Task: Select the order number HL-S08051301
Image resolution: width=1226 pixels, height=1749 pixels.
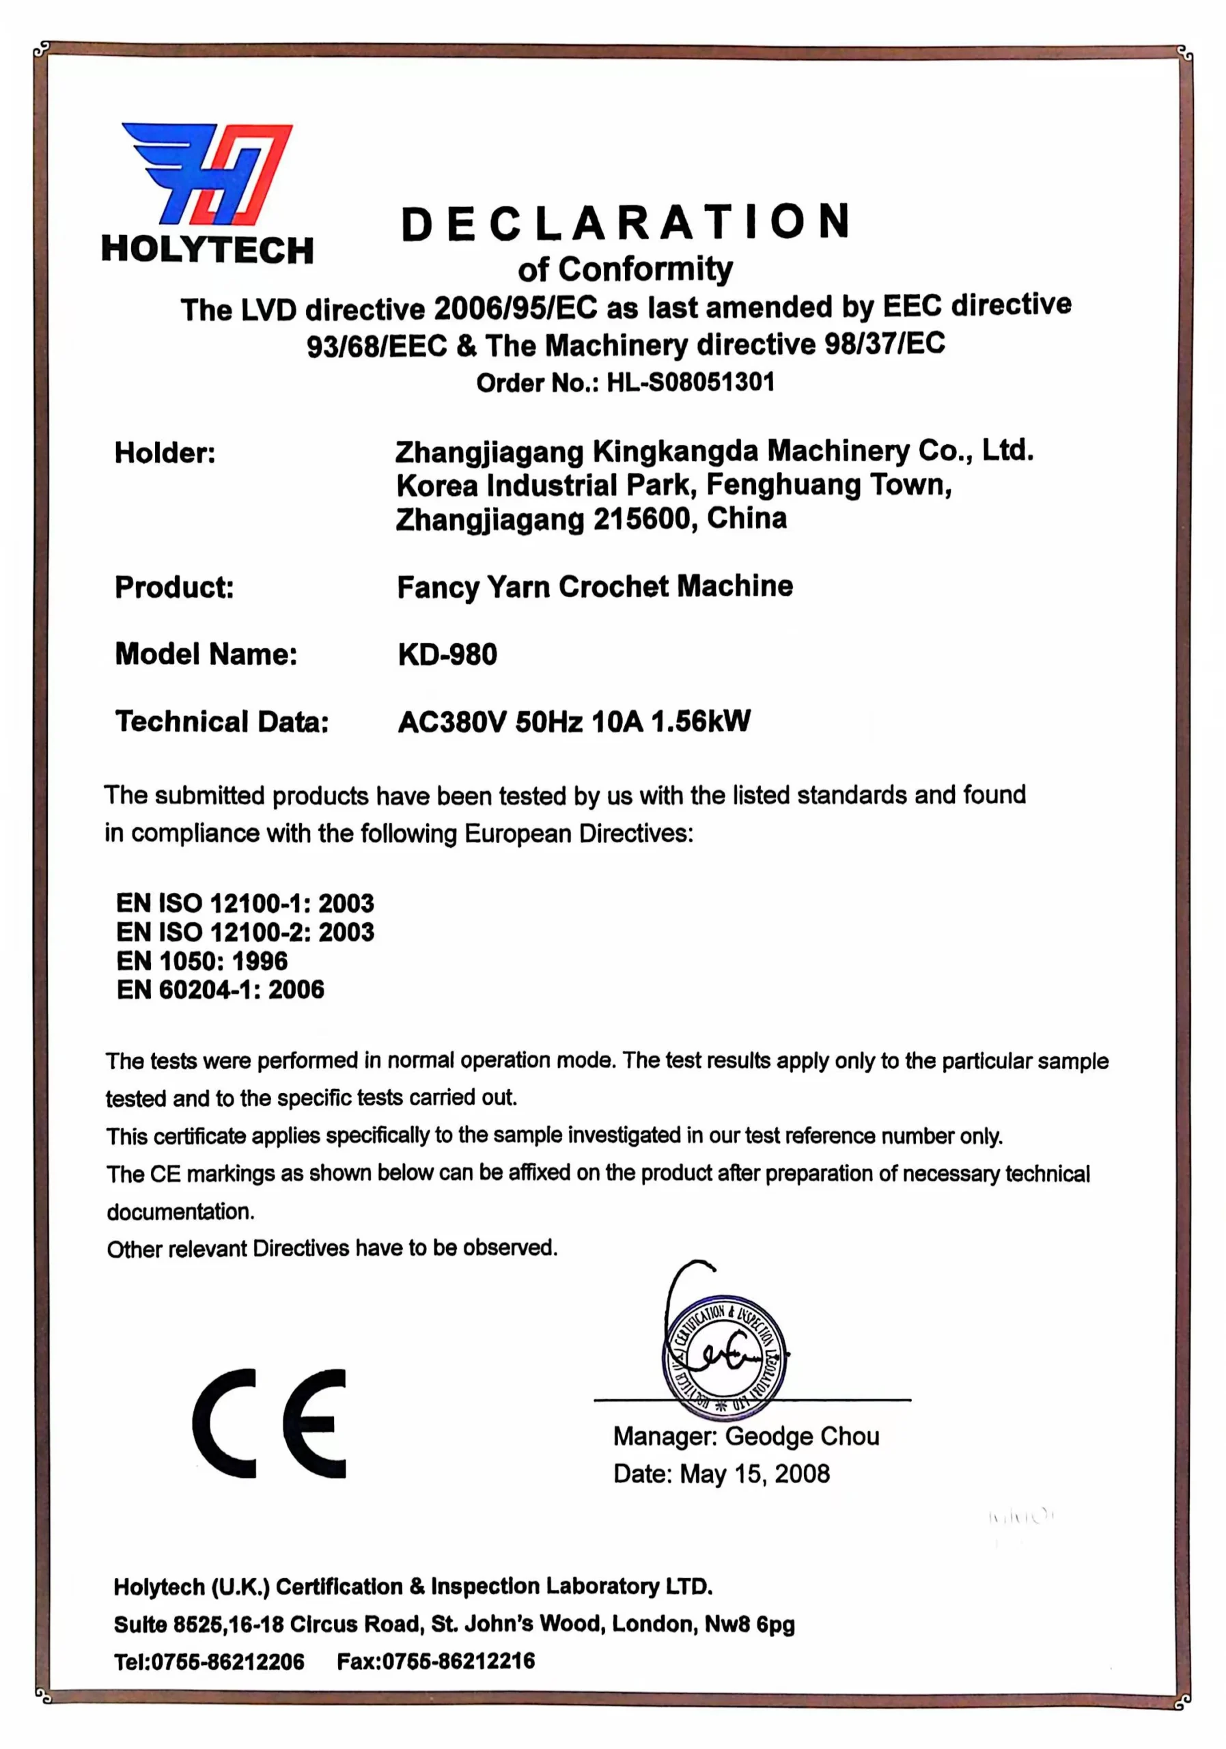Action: [x=690, y=382]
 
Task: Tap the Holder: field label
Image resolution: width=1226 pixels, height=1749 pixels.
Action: [x=165, y=453]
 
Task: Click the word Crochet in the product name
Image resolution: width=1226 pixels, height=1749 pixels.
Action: [x=614, y=587]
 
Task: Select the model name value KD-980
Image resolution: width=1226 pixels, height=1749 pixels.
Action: [x=447, y=655]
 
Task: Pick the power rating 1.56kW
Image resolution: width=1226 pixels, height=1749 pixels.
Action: [x=700, y=721]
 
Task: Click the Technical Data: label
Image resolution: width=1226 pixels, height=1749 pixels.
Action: [x=221, y=721]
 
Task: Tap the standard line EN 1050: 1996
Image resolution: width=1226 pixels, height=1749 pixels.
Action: [x=201, y=961]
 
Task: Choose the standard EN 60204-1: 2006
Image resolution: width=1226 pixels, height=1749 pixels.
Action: [x=220, y=990]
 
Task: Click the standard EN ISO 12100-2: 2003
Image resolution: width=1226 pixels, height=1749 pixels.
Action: [x=245, y=933]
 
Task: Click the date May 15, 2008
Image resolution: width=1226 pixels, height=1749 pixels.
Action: [x=754, y=1474]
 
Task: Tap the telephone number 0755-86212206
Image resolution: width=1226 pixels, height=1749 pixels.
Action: [x=227, y=1662]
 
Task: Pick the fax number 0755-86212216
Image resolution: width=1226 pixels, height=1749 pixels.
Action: [x=458, y=1662]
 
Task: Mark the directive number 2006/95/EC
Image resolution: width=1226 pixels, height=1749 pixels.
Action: [x=516, y=309]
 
